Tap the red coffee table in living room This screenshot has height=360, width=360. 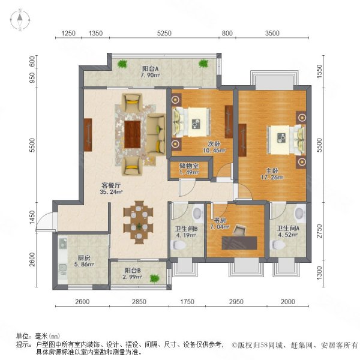click(133, 131)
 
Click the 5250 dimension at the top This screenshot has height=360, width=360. click(164, 34)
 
